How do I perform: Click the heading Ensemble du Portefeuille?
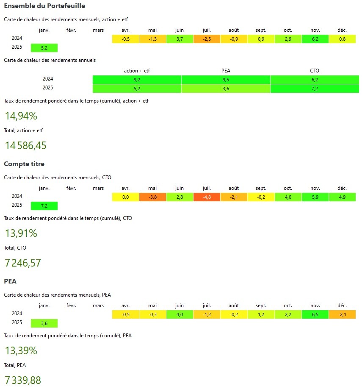(44, 6)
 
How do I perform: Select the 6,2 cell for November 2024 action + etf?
(315, 39)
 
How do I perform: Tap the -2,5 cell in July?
(207, 39)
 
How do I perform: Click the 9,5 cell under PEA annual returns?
(226, 79)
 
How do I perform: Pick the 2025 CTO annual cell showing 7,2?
(314, 89)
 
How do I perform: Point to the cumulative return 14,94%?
(21, 116)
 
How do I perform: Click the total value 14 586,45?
(25, 146)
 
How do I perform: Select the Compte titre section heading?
(24, 164)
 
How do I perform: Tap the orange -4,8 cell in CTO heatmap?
(207, 197)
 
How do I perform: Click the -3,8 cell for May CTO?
(152, 197)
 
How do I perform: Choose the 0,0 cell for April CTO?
(125, 197)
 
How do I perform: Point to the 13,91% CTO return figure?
(21, 233)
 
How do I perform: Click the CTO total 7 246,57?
(23, 263)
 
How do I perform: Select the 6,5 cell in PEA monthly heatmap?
(315, 314)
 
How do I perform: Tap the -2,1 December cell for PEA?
(342, 314)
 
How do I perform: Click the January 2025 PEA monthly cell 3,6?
(44, 323)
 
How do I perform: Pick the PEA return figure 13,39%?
(21, 350)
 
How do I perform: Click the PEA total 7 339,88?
(23, 380)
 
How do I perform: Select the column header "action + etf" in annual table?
(137, 71)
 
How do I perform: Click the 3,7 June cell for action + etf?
(180, 39)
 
